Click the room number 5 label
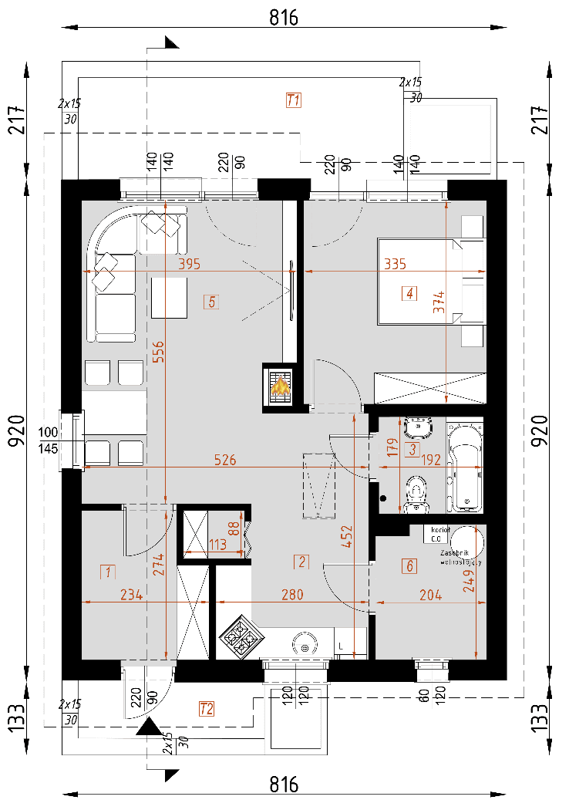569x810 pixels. click(211, 302)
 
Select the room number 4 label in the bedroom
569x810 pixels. click(409, 293)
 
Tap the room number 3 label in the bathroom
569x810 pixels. click(412, 448)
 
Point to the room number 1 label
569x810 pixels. click(108, 572)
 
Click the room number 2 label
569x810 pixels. click(303, 562)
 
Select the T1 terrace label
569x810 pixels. click(293, 100)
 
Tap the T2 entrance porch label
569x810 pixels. click(206, 708)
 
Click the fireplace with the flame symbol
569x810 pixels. click(280, 384)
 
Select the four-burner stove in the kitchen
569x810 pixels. click(241, 639)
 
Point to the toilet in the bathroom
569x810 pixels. click(416, 491)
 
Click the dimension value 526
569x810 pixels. click(225, 461)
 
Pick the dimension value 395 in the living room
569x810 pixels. click(189, 264)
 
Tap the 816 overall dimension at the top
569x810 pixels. click(284, 17)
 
